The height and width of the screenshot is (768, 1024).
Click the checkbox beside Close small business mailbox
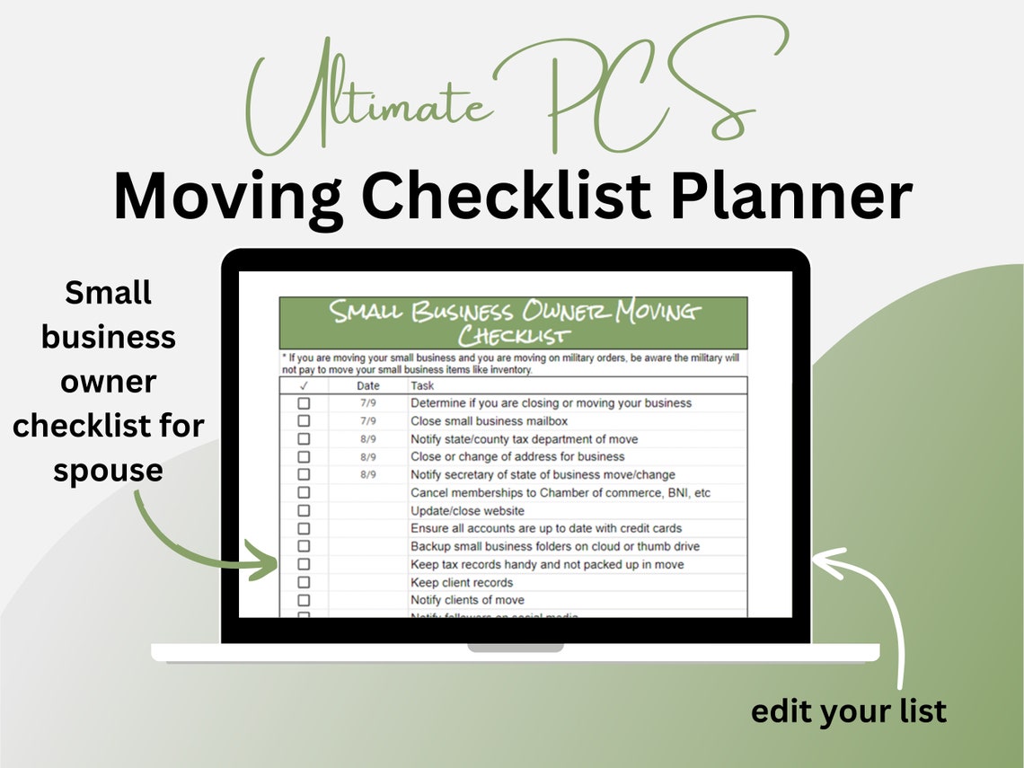click(304, 421)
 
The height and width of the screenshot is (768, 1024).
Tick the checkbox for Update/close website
click(304, 510)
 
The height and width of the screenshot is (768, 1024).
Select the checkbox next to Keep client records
click(304, 582)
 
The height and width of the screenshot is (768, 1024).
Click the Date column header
click(368, 386)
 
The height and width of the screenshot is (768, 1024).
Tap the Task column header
click(422, 386)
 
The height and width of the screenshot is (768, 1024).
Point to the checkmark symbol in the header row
click(304, 386)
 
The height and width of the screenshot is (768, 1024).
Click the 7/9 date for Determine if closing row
click(368, 403)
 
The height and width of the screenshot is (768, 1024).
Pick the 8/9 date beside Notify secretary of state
click(368, 474)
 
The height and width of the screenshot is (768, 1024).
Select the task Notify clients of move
click(467, 600)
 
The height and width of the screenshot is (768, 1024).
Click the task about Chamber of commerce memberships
click(561, 492)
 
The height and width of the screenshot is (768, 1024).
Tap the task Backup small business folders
click(554, 546)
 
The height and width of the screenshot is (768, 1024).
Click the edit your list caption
click(848, 711)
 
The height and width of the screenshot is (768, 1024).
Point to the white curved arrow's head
click(819, 561)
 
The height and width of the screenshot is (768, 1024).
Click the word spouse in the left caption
click(108, 470)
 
